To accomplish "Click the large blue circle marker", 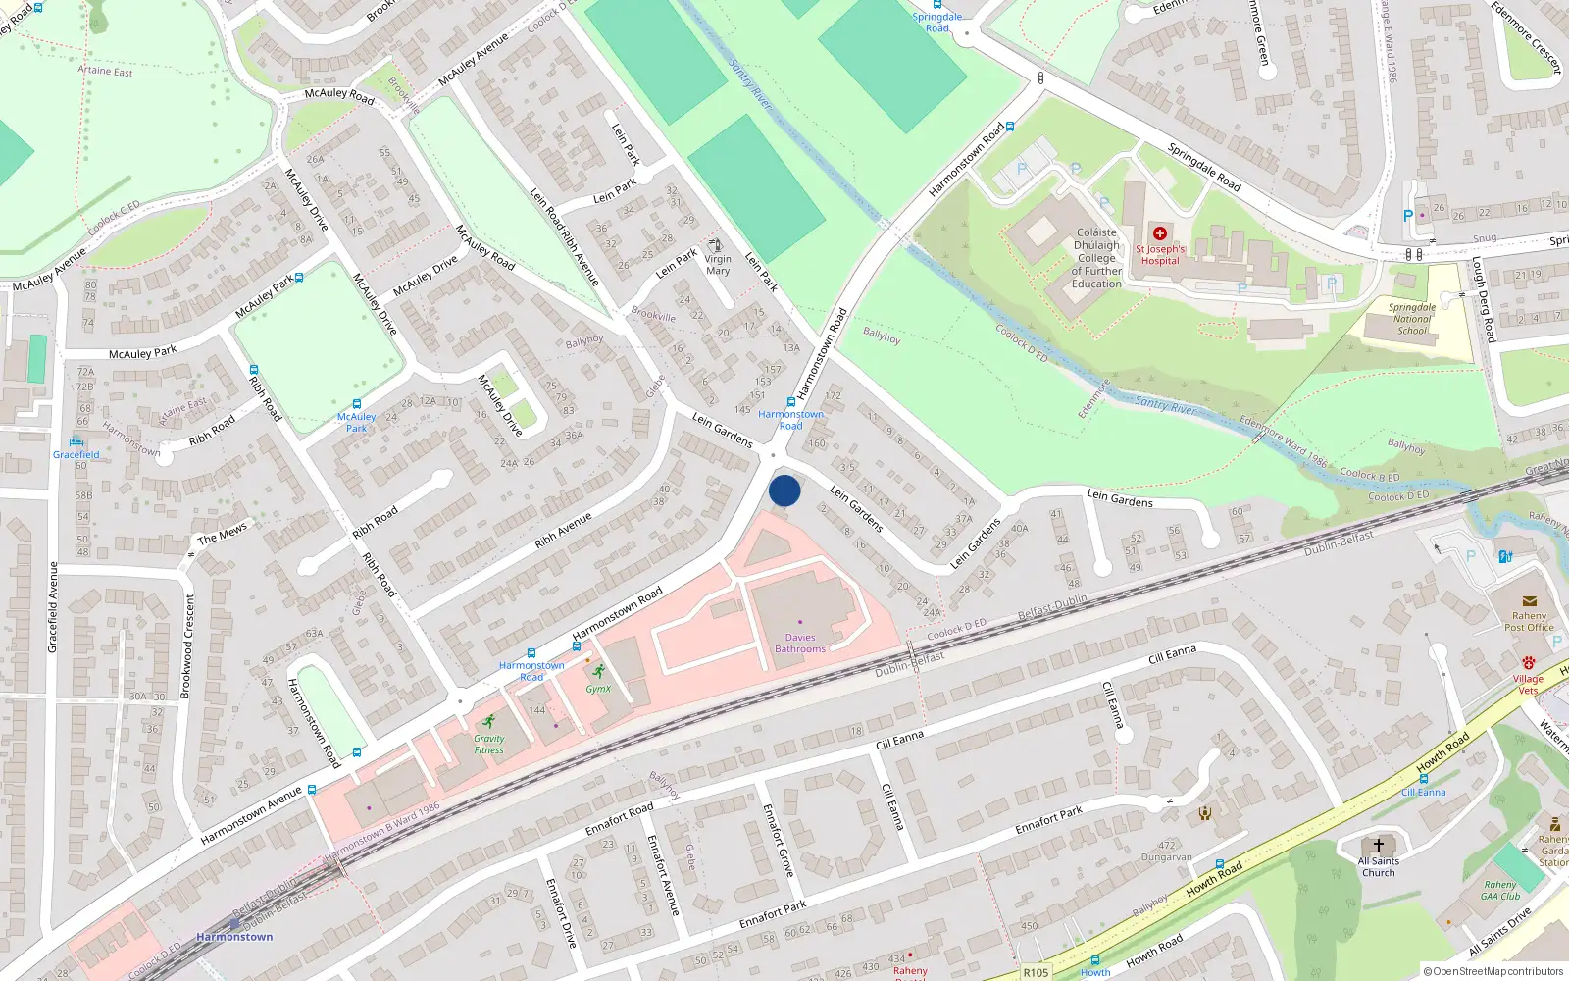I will tap(784, 490).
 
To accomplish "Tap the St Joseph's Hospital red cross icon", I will tap(1160, 233).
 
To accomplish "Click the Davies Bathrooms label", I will tap(800, 644).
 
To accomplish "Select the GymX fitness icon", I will tap(598, 672).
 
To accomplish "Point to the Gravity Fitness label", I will tap(488, 745).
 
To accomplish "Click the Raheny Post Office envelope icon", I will tap(1529, 601).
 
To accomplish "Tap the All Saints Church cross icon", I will tap(1378, 845).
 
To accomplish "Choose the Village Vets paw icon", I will tap(1528, 663).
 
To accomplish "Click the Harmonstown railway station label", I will tap(234, 937).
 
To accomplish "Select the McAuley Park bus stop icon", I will tap(356, 404).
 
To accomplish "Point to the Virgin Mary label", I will tap(718, 265).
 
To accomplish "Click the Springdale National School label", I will tap(1412, 319).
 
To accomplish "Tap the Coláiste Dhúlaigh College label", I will tap(1096, 258).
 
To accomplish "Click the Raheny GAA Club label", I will tap(1500, 891).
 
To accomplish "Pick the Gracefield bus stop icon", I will tap(76, 442).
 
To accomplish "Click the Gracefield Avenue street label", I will tap(53, 607).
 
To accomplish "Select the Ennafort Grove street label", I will tap(779, 840).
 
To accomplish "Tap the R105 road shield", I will tap(1036, 973).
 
